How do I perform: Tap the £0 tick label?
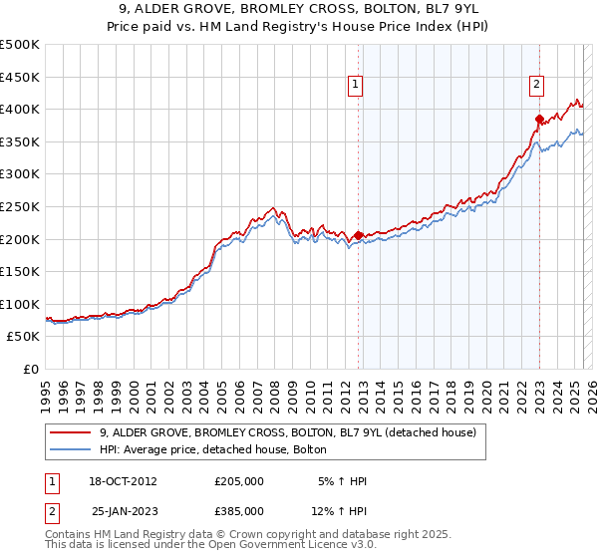(31, 369)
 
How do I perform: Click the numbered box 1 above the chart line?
(356, 87)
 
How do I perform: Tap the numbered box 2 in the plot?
(536, 87)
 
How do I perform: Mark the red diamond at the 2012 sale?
(358, 236)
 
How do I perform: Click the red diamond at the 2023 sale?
(539, 120)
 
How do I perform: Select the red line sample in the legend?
(70, 432)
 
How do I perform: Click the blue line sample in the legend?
(70, 449)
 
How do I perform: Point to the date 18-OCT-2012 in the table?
(122, 481)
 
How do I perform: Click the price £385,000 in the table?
(239, 510)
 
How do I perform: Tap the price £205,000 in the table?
(239, 481)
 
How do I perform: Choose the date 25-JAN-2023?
(122, 510)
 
